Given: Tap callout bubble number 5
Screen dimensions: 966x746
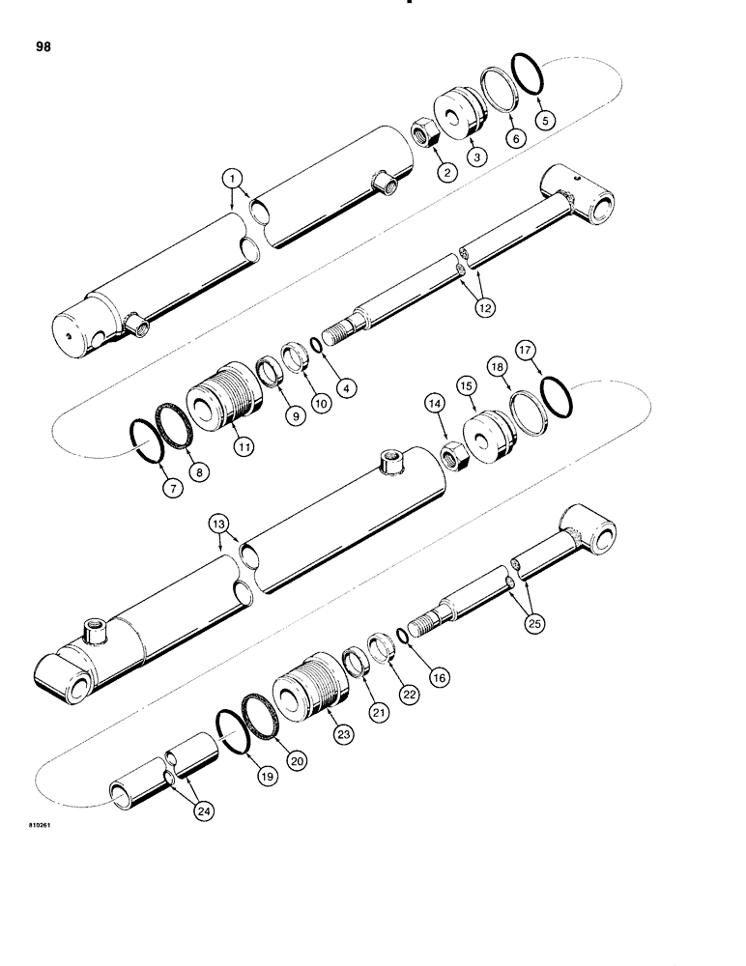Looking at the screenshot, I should [546, 121].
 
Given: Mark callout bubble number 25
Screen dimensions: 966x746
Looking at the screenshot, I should [534, 623].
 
